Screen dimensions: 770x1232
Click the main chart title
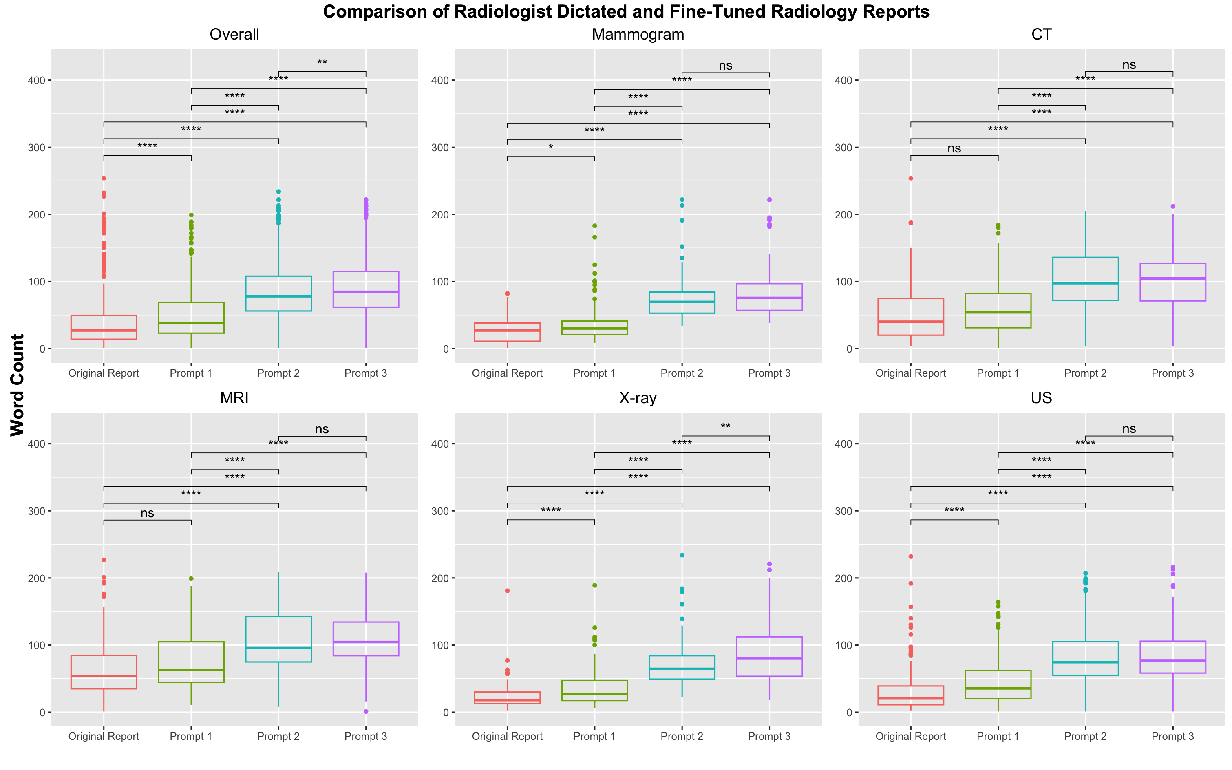point(626,11)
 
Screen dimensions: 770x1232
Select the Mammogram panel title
point(638,35)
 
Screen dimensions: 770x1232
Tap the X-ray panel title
point(638,398)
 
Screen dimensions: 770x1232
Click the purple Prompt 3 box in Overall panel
point(366,289)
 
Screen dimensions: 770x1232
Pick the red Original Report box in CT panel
point(911,317)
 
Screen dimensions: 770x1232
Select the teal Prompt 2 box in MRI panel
point(278,639)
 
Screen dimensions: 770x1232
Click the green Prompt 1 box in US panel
point(998,684)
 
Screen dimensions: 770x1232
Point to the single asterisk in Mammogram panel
point(550,148)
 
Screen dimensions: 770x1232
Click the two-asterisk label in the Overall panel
point(322,63)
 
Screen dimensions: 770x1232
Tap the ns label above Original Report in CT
point(954,148)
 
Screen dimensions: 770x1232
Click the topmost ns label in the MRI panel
point(322,429)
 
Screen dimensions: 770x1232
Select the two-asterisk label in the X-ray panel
point(725,427)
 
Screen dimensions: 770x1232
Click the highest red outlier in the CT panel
point(911,178)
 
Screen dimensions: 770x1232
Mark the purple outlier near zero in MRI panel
point(366,711)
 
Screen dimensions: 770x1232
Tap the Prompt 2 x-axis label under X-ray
point(682,737)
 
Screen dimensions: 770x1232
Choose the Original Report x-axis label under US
point(911,737)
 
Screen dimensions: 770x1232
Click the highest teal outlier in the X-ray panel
point(682,555)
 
